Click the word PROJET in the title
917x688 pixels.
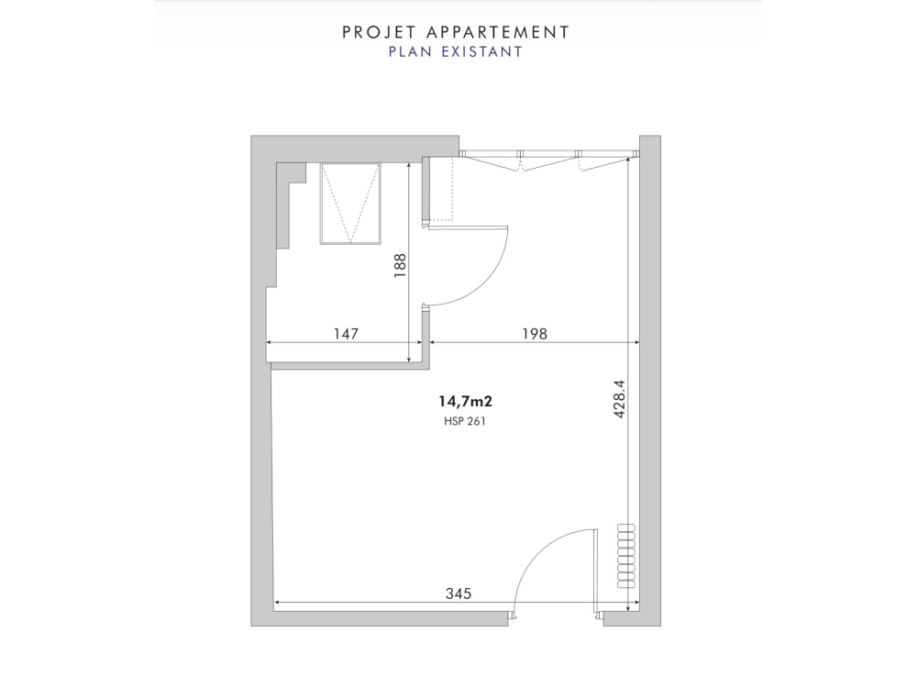372,32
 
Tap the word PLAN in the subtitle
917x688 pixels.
408,52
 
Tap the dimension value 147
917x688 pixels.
344,334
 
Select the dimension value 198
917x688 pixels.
534,334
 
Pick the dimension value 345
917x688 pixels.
458,594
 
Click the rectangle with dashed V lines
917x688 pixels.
349,204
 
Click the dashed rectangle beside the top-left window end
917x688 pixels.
441,189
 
